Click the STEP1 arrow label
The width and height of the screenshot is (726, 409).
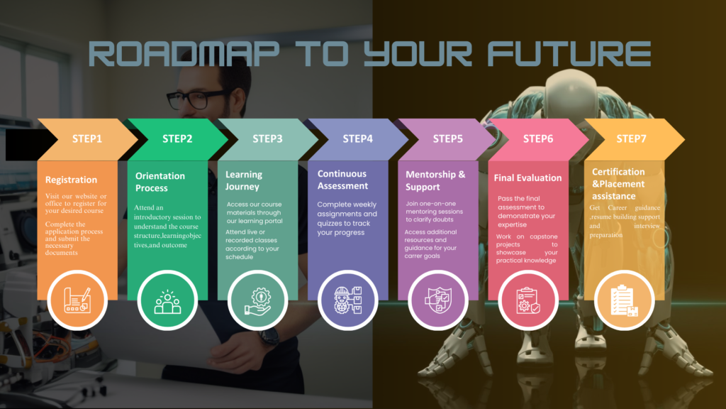[x=87, y=138]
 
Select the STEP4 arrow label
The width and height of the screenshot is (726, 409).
[x=357, y=138]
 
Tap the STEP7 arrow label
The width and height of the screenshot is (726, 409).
[x=630, y=138]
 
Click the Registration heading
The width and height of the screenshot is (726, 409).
[x=71, y=180]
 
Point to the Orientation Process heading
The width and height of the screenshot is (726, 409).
[x=160, y=182]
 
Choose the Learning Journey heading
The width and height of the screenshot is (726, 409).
[x=244, y=180]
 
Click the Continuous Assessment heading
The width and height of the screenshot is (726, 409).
[x=342, y=180]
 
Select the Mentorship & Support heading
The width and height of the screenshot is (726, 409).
[x=435, y=180]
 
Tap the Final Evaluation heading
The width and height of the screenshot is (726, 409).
[x=527, y=178]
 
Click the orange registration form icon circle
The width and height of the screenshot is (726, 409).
[x=77, y=300]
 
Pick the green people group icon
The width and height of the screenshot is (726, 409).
[x=167, y=302]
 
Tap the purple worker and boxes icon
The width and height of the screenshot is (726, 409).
[x=347, y=300]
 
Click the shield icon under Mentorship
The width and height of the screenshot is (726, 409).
[x=437, y=300]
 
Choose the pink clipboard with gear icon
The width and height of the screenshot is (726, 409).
[x=527, y=300]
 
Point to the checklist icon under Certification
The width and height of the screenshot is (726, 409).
[x=624, y=300]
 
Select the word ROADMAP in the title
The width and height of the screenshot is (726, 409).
[x=184, y=53]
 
